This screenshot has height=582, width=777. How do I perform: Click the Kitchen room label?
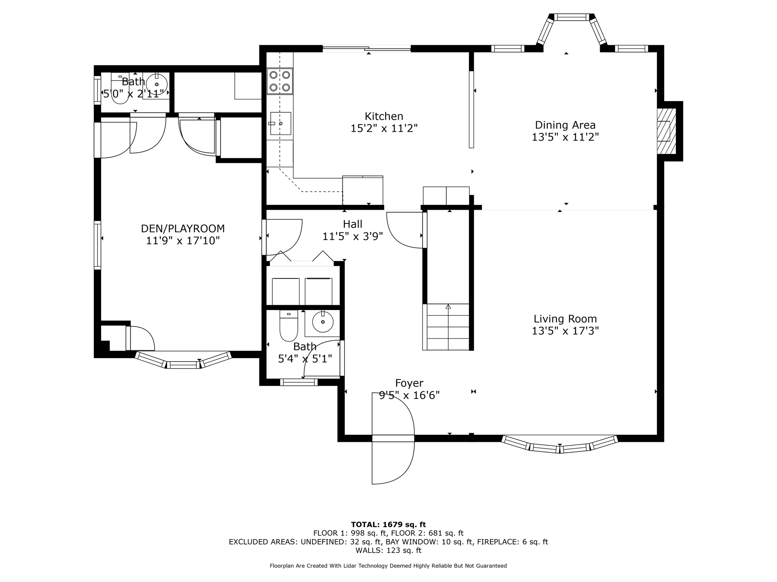(384, 116)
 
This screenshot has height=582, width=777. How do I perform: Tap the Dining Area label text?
(565, 125)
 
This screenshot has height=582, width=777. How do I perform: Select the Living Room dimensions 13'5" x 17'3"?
(565, 331)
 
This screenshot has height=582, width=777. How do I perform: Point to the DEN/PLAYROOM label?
(183, 229)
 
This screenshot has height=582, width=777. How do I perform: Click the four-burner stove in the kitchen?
(280, 81)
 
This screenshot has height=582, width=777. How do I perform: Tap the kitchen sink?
(280, 123)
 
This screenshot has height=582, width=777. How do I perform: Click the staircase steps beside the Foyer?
(448, 327)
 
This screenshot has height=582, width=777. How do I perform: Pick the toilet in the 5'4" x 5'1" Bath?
(289, 326)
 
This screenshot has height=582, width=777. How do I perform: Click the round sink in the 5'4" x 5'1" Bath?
(323, 322)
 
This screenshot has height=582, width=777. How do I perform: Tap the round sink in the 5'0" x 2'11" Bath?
(157, 84)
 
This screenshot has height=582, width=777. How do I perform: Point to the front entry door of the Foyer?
(393, 438)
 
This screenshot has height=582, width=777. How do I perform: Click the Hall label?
(352, 224)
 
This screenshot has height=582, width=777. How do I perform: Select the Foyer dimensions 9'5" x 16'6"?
(409, 395)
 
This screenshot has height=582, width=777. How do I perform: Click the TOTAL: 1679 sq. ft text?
(388, 525)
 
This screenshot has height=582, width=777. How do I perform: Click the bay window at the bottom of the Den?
(183, 360)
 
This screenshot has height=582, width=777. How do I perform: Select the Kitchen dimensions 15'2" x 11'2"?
(384, 129)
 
